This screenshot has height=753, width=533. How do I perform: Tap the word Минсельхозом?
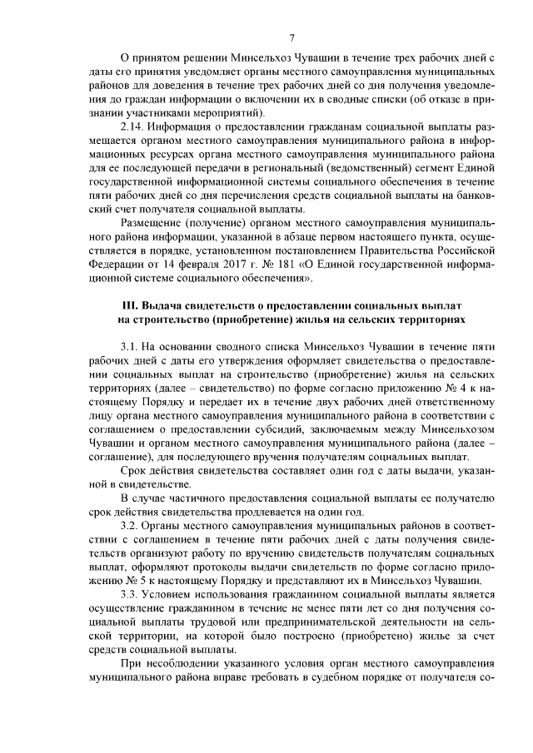(458, 430)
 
